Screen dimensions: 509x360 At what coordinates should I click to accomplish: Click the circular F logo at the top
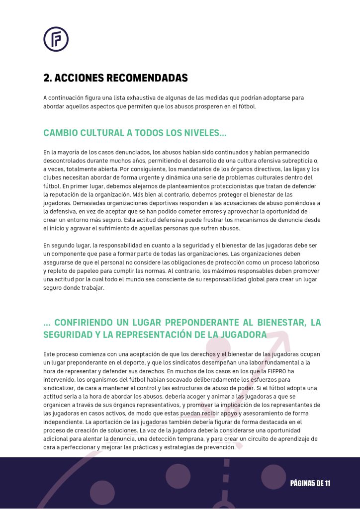pos(56,39)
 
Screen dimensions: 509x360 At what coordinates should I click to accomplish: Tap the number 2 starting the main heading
pos(46,78)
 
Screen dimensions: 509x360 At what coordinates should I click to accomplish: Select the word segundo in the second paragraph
pos(67,246)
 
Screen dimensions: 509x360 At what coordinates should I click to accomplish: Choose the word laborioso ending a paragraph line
pos(303,262)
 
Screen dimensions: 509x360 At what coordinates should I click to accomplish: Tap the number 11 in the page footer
pos(326,483)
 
